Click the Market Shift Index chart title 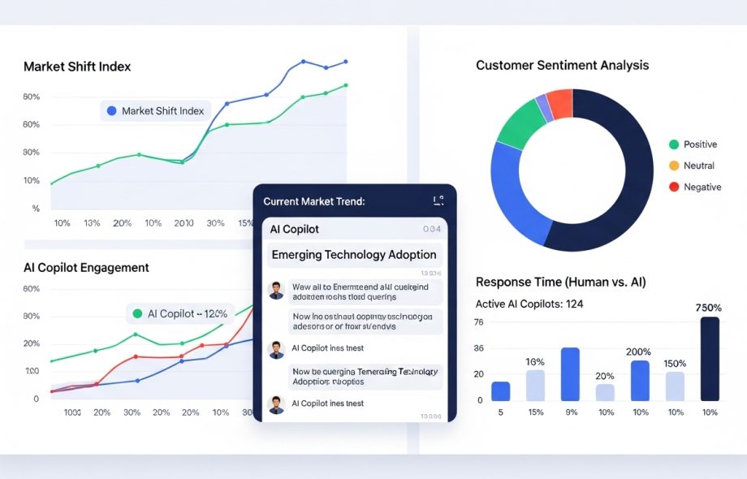point(77,67)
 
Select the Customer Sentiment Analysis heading point(562,65)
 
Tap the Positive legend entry point(699,145)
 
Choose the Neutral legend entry point(698,166)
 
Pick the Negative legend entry point(702,187)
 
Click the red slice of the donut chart point(560,104)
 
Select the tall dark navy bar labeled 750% point(710,358)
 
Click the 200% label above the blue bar point(638,352)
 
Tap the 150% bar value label point(675,363)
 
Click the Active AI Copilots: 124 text point(529,304)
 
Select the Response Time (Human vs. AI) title point(560,283)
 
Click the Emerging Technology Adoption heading point(354,255)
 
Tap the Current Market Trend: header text point(314,201)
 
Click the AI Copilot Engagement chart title point(86,267)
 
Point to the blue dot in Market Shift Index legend point(111,111)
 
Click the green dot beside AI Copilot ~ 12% point(137,313)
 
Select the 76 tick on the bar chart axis point(478,322)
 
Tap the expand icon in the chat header point(438,201)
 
